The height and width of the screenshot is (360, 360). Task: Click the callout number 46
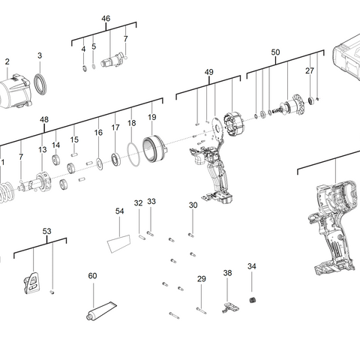pos(106,18)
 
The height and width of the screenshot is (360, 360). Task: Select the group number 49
pos(209,72)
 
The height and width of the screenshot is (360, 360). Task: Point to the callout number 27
pos(309,70)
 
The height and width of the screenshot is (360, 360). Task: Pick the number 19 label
pos(152,117)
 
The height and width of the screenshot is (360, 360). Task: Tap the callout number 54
pos(119,211)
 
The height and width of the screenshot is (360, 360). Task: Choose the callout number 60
pos(92,276)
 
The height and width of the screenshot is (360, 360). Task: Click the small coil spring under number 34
pos(252,301)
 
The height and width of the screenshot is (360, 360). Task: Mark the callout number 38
pos(227,273)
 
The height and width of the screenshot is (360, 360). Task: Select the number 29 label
pos(201,279)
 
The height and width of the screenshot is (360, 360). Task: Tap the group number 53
pos(46,232)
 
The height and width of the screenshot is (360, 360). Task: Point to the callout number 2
pos(7,61)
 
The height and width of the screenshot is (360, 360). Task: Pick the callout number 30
pos(193,205)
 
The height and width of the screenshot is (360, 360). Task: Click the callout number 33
pos(151,201)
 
